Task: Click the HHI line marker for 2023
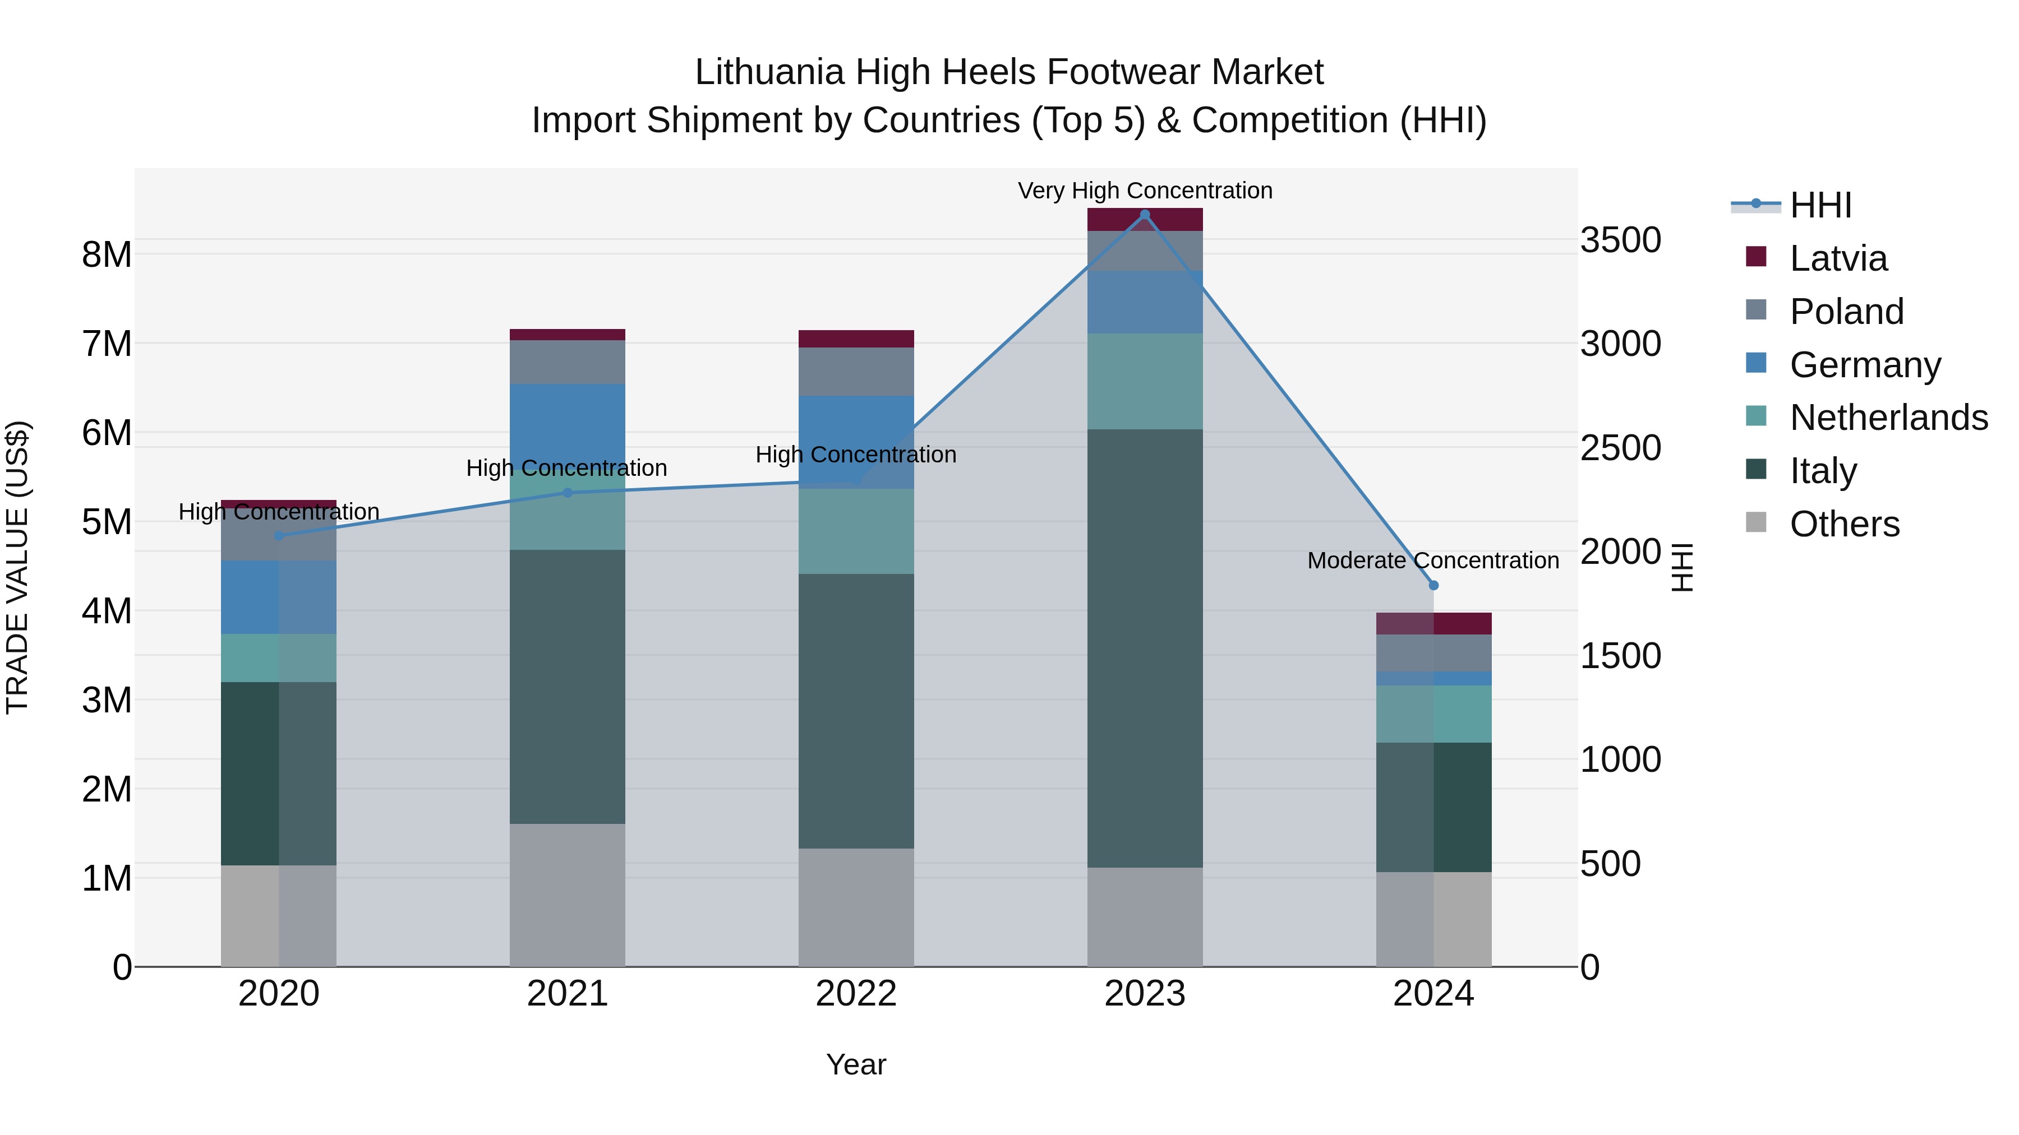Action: tap(1144, 215)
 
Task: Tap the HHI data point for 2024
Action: tap(1433, 585)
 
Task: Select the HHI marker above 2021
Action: tap(568, 493)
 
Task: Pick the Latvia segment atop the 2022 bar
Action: tap(856, 339)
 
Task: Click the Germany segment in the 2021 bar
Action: tap(568, 423)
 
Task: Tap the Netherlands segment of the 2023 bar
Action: tap(1144, 382)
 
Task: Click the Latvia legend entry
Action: tap(1838, 258)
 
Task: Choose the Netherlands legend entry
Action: tap(1888, 418)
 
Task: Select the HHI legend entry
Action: tap(1820, 205)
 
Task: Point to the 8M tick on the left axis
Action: tap(107, 254)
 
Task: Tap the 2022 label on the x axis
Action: tap(856, 994)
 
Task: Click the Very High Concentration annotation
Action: tap(1144, 191)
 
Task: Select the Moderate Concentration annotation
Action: tap(1433, 561)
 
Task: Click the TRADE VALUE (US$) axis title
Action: tap(17, 567)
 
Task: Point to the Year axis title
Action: tap(856, 1064)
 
